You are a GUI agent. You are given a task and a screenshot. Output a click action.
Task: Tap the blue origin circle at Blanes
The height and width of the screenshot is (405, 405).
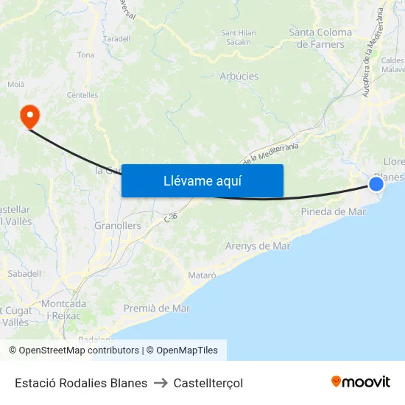tap(376, 183)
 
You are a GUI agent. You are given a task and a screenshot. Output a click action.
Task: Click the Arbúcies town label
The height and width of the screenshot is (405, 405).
tap(239, 76)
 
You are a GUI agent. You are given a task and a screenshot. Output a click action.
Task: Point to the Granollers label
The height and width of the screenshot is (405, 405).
tap(118, 226)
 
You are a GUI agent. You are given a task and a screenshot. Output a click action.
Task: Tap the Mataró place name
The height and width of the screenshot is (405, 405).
tap(202, 275)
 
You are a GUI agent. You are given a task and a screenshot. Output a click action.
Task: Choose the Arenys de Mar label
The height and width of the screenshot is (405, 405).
tap(258, 246)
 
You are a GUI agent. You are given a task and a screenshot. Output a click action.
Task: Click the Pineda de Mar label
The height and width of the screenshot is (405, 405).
tap(334, 212)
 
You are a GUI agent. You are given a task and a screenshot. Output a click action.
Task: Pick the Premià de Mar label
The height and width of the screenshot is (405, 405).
tap(157, 308)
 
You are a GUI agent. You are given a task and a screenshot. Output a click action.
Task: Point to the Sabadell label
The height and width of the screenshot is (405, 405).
tap(24, 273)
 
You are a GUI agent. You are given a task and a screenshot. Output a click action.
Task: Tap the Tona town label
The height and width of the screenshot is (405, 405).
tap(85, 55)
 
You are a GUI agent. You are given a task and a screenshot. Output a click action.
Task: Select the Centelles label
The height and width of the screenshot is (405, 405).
tap(82, 95)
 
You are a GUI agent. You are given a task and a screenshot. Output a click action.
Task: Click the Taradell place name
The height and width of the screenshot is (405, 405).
tap(117, 38)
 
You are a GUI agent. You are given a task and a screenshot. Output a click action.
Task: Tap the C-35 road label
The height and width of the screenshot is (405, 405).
tap(171, 217)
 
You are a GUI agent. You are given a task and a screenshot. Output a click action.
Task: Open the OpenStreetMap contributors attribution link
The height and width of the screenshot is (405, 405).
tap(79, 351)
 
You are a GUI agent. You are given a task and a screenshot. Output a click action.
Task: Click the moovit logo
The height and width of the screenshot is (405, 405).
tap(361, 382)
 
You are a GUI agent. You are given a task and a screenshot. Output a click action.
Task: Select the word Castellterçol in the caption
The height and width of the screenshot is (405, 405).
tap(208, 383)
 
